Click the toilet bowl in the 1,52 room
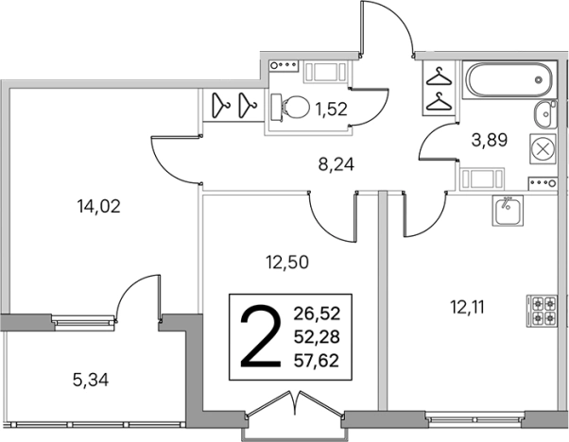point(290,108)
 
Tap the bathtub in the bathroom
point(509,79)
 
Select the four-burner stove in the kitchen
point(542,311)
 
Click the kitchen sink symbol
point(508,211)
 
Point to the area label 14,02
point(98,207)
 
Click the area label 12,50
point(287,262)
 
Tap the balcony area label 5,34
point(91,381)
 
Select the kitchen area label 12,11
point(467,308)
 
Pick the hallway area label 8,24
point(336,165)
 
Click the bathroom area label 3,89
point(489,140)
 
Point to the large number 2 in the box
point(261,335)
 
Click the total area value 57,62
point(317,361)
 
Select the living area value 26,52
point(317,314)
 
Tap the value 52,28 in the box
point(317,337)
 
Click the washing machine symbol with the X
point(543,149)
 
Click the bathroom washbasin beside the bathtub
point(545,114)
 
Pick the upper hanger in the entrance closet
point(439,76)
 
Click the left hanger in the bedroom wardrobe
point(220,105)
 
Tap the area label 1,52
point(332,109)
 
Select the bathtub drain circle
point(539,79)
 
